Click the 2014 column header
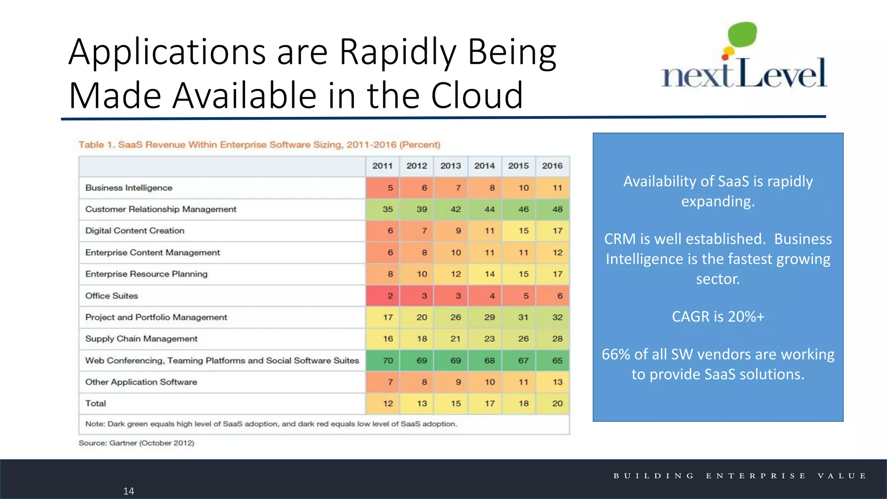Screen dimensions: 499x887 [x=484, y=166]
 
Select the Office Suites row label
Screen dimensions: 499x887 [x=112, y=296]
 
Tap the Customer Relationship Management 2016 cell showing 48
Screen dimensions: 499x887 [x=557, y=209]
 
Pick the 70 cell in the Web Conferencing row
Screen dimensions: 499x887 [x=388, y=360]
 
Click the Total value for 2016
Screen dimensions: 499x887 [x=557, y=403]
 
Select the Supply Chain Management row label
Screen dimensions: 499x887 [x=141, y=339]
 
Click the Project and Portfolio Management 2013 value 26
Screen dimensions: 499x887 [x=456, y=317]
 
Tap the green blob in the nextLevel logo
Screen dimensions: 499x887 [x=742, y=35]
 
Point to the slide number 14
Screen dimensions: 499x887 [x=129, y=491]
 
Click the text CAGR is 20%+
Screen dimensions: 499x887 [x=718, y=317]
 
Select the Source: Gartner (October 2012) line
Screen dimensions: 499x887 [x=136, y=443]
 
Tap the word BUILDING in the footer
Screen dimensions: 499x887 [x=654, y=476]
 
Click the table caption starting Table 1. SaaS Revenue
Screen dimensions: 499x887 [x=259, y=145]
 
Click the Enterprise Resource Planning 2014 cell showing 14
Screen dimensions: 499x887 [x=489, y=274]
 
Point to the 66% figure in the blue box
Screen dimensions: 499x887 [x=616, y=354]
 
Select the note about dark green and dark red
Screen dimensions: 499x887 [x=271, y=424]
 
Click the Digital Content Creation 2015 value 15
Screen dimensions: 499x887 [x=523, y=231]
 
